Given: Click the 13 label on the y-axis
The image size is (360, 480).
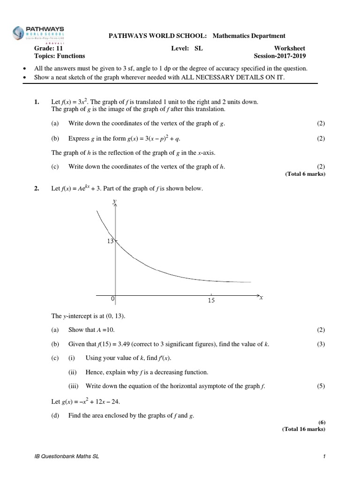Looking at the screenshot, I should tap(111, 241).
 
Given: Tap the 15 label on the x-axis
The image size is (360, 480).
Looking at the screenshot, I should tap(211, 300).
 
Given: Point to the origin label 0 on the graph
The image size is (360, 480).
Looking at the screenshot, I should tap(112, 299).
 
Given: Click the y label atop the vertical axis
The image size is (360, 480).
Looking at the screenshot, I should tap(114, 201).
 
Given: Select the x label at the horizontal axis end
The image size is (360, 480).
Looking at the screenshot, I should tap(261, 298).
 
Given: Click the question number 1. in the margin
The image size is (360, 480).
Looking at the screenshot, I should tap(37, 102).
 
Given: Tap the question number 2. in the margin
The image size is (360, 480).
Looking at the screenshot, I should tap(37, 188).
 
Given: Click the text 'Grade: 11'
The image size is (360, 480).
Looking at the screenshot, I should tap(48, 48).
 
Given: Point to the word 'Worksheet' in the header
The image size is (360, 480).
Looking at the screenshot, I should tap(290, 48).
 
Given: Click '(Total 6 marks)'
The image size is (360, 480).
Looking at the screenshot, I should tap(305, 174).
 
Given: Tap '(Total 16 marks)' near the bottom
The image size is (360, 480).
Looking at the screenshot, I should tap(303, 428).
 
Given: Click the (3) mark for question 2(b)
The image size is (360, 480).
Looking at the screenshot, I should tap(321, 345).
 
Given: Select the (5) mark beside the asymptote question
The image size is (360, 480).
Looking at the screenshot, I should tap(321, 386).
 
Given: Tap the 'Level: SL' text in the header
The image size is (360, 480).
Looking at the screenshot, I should tap(187, 48).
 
